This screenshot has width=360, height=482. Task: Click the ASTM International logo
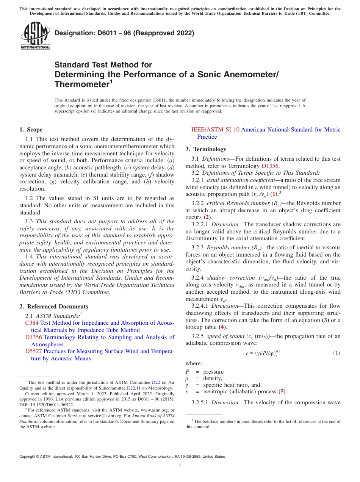coord(35,36)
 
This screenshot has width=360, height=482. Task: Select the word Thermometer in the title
coord(81,84)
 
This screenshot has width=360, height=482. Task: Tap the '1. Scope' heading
coord(31,130)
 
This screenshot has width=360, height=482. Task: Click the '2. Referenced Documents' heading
coord(53,307)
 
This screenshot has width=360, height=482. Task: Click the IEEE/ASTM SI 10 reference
coord(215,130)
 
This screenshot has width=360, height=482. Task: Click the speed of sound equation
coord(263,353)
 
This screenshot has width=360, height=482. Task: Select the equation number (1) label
coord(337,353)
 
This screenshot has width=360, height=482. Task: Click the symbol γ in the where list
coord(187,385)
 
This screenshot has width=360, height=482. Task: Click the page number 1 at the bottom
coord(180,466)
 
